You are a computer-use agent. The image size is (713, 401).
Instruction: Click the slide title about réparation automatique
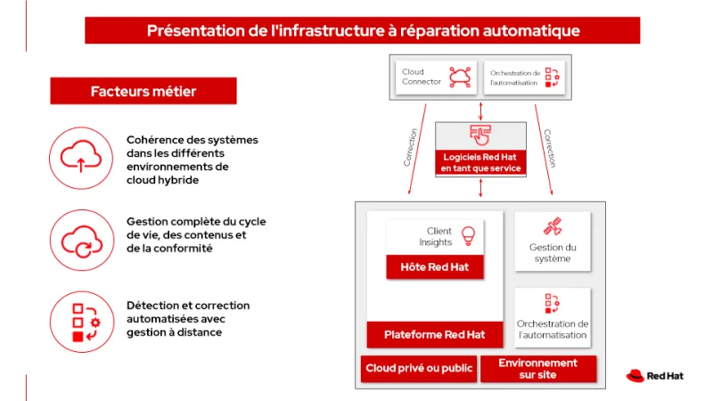pyautogui.click(x=363, y=31)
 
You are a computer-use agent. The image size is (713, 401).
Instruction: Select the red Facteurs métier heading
pyautogui.click(x=143, y=91)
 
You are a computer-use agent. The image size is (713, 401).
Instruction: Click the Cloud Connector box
pyautogui.click(x=434, y=78)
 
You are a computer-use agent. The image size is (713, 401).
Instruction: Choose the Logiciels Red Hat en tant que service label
pyautogui.click(x=480, y=162)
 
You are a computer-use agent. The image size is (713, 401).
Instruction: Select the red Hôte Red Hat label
pyautogui.click(x=435, y=266)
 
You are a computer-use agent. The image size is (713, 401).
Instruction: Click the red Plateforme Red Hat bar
pyautogui.click(x=434, y=335)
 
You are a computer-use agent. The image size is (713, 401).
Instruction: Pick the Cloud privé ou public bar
pyautogui.click(x=419, y=369)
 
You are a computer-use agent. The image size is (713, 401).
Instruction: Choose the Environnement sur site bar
pyautogui.click(x=537, y=369)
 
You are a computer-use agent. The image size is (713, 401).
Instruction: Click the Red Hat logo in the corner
pyautogui.click(x=655, y=376)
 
